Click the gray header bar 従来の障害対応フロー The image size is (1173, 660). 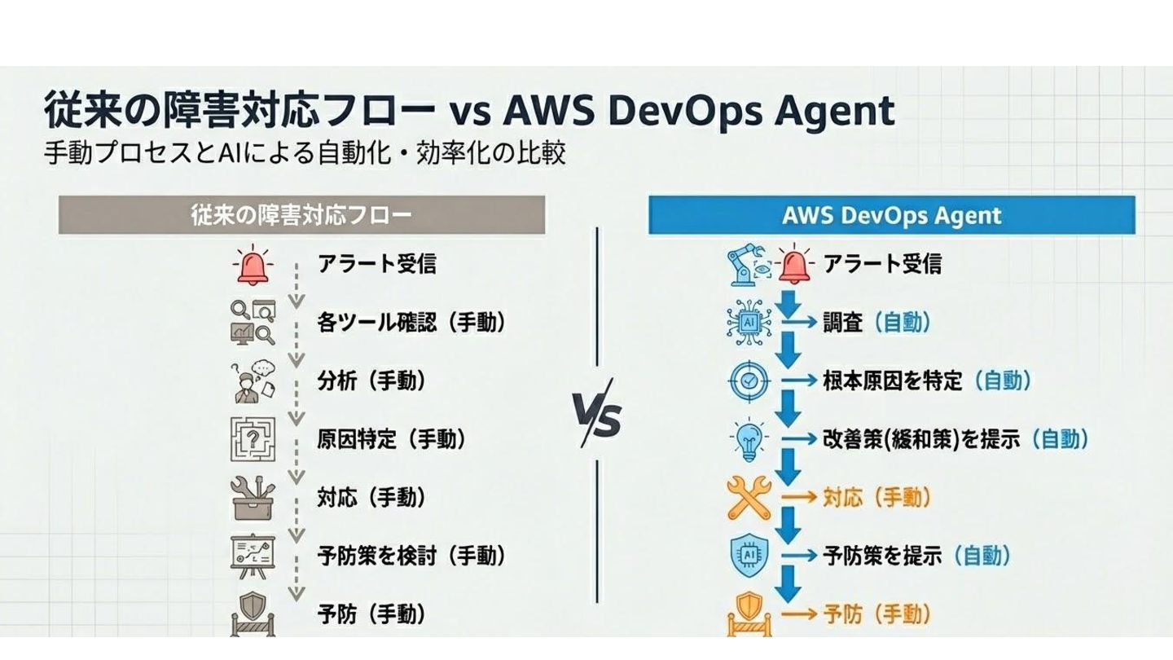pos(301,215)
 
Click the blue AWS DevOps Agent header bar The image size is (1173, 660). pos(891,215)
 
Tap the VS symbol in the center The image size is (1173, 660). pos(596,413)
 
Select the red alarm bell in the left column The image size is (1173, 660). pos(253,264)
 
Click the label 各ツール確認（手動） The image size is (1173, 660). pos(411,323)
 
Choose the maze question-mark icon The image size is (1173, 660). pos(253,438)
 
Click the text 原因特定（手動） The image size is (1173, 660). pos(392,439)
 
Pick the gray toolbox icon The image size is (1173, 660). pos(253,497)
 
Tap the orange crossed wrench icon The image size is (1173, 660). pos(749,498)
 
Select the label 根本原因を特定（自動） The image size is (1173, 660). pos(927,381)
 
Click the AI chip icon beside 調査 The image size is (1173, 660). pos(748,323)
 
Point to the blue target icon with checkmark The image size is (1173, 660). pos(749,381)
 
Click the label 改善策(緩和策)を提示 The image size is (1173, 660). pos(920,439)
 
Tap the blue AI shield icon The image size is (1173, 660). pos(748,556)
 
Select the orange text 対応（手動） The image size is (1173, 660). pos(876,498)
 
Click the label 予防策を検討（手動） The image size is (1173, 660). pos(411,556)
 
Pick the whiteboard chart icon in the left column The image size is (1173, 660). pos(253,555)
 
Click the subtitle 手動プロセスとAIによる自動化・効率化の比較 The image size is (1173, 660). pos(305,153)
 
